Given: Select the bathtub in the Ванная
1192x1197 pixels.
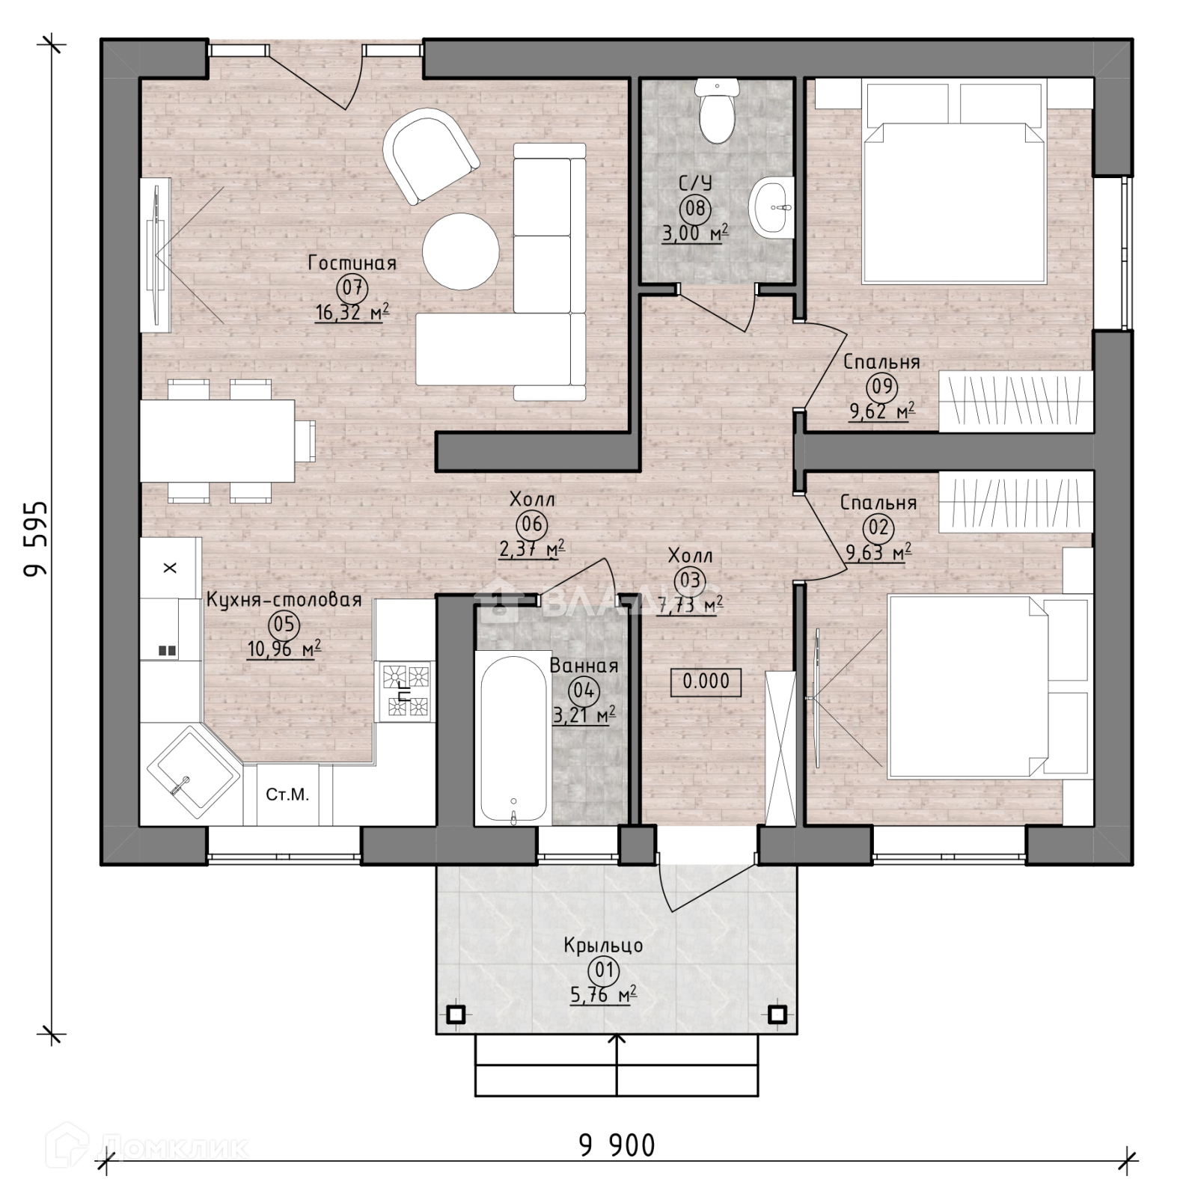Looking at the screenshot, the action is [513, 740].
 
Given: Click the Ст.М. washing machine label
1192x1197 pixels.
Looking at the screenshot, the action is [287, 795].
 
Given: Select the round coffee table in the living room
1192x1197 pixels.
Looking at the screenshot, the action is [460, 251].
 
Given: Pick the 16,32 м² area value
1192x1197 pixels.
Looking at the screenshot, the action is [352, 312].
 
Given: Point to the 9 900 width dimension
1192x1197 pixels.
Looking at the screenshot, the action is [617, 1145].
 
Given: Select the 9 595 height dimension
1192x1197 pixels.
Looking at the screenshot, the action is [35, 539].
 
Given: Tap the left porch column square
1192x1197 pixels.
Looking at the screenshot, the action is [456, 1014].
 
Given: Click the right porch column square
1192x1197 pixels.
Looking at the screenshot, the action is [777, 1014].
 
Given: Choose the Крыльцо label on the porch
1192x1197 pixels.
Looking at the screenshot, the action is [603, 946].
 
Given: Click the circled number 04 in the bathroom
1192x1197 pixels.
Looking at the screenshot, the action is [584, 690].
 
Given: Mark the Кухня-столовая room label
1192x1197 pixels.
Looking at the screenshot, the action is [284, 600].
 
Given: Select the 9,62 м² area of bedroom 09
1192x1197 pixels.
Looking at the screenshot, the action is [881, 411].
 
